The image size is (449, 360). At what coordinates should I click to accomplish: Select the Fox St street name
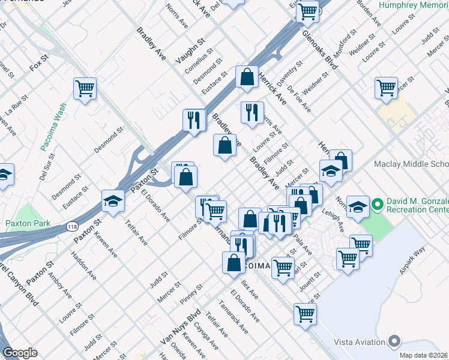tap(38, 62)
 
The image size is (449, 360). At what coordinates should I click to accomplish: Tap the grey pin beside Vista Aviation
tap(394, 341)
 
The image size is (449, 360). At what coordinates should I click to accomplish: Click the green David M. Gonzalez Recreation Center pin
tap(378, 205)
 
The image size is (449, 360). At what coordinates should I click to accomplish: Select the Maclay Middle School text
tap(411, 164)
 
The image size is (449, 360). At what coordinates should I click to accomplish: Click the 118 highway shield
tap(71, 226)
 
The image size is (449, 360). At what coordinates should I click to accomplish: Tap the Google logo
tap(20, 353)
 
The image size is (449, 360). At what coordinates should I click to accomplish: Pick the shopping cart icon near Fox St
tap(85, 89)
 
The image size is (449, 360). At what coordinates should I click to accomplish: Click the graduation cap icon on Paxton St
tap(112, 200)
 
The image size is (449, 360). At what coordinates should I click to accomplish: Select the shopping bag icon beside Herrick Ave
tap(247, 76)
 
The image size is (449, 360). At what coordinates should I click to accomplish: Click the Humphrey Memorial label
tap(414, 5)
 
